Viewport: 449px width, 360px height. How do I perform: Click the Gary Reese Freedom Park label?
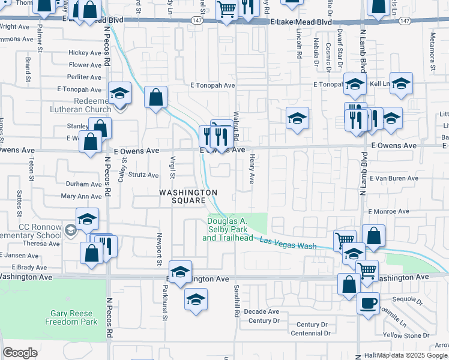click(x=71, y=317)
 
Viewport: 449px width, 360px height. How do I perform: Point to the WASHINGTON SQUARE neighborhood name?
click(x=187, y=196)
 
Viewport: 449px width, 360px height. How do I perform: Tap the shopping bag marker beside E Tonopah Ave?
click(x=155, y=97)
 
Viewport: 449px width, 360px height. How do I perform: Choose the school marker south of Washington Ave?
click(x=196, y=299)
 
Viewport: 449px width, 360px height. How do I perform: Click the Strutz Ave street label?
click(x=142, y=175)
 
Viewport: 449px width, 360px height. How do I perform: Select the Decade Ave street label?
click(x=262, y=311)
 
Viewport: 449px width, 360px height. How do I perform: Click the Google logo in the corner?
click(x=20, y=352)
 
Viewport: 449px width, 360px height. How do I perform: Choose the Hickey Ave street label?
click(x=85, y=53)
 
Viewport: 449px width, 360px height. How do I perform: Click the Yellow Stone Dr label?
click(x=405, y=335)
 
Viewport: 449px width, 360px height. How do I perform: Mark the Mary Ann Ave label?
click(x=81, y=196)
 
